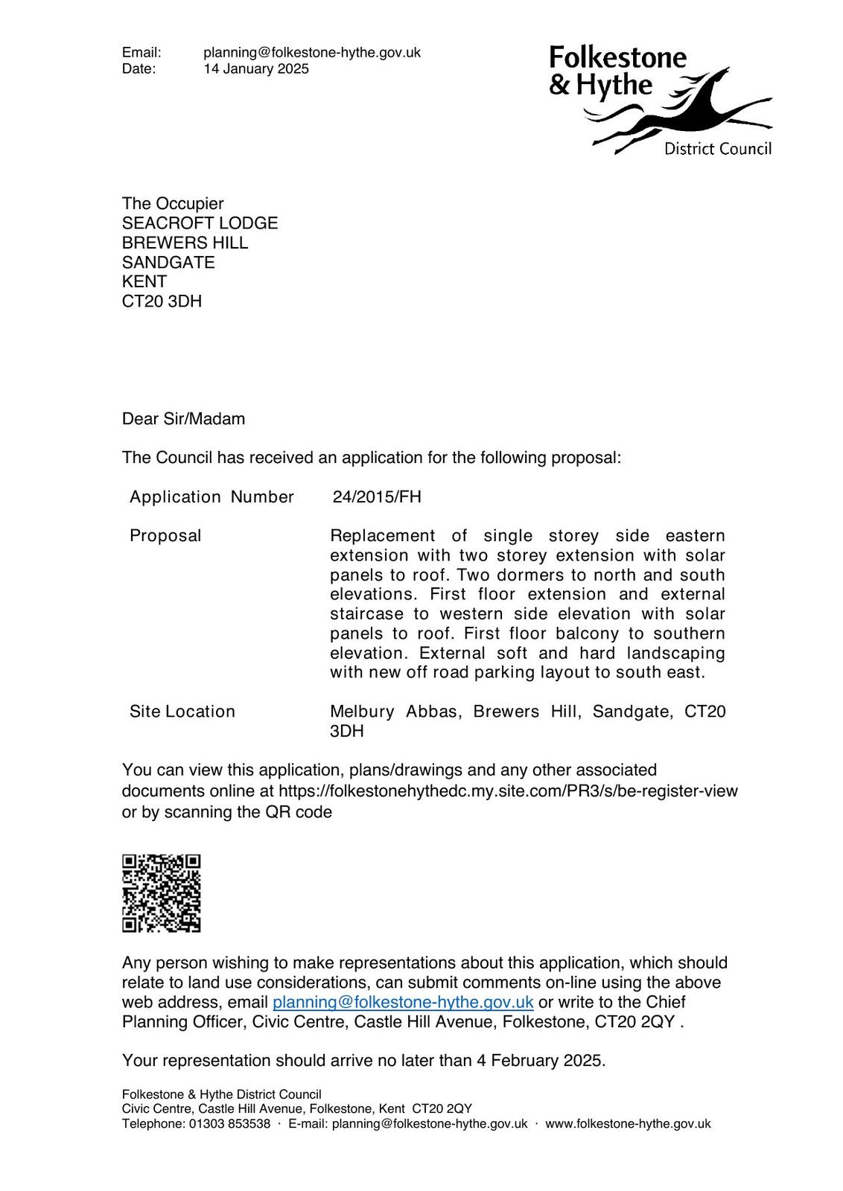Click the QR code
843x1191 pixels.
coord(162,893)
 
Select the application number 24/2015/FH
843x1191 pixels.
coord(377,496)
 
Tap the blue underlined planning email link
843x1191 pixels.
coord(403,1002)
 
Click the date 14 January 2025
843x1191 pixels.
coord(256,69)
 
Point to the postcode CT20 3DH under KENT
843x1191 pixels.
coord(162,301)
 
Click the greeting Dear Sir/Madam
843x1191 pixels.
coord(183,418)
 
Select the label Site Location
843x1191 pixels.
coord(182,711)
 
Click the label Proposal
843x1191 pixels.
coord(165,536)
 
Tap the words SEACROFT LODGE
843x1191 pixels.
coord(200,223)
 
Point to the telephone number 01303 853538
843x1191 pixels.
coord(229,1124)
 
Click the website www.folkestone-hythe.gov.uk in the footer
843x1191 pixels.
coord(628,1124)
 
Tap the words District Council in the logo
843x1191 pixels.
coord(717,149)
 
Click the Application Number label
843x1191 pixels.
coord(211,496)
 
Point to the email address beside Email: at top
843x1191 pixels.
coord(312,53)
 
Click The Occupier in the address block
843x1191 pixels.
coord(173,204)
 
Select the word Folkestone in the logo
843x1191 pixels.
coord(618,57)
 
